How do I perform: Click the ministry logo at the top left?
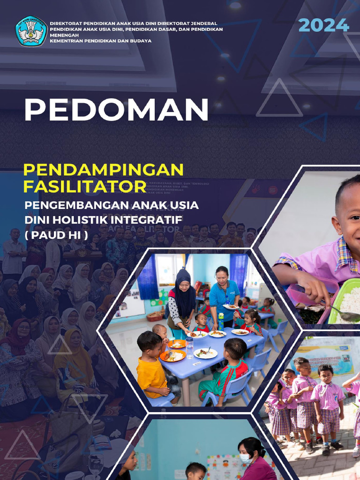[x=31, y=31]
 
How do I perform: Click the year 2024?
[x=323, y=25]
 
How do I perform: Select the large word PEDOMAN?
[x=116, y=110]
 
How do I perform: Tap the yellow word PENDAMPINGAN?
[x=104, y=169]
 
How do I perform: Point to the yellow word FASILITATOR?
[x=85, y=187]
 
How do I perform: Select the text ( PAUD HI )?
[x=56, y=234]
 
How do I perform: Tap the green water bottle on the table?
[x=220, y=322]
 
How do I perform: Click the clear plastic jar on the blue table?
[x=190, y=347]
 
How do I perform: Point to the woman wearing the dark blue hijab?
[x=182, y=300]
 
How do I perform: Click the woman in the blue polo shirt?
[x=224, y=295]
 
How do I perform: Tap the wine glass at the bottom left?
[x=96, y=464]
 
